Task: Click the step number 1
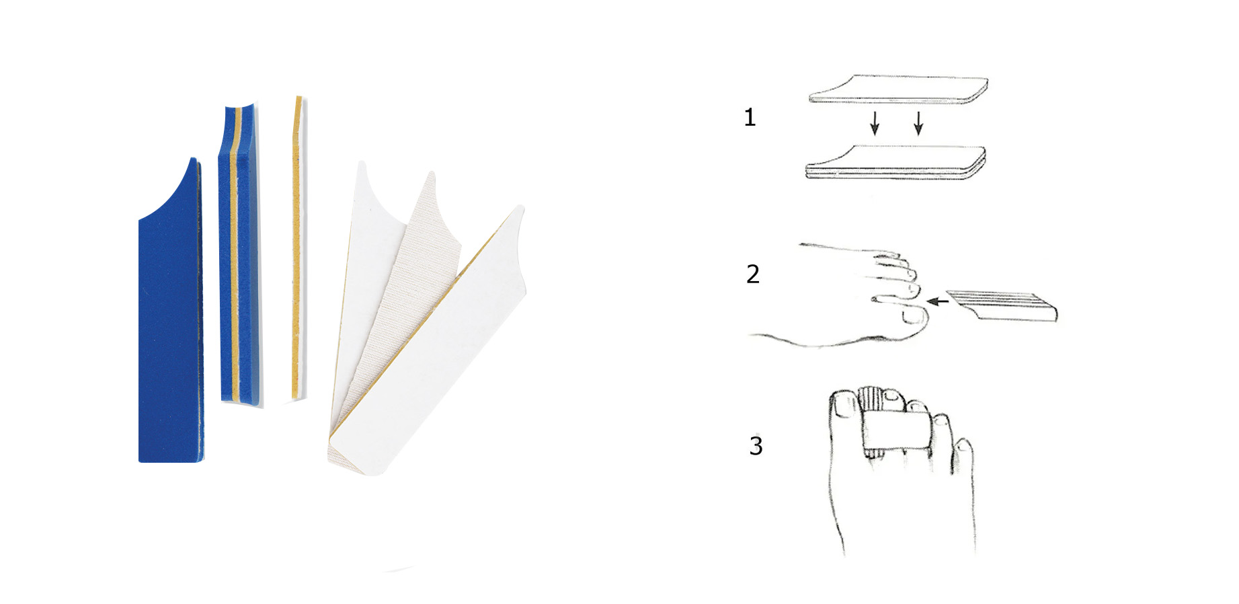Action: [750, 118]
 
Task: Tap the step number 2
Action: [753, 274]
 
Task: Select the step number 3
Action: [756, 445]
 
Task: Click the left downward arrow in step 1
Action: [875, 123]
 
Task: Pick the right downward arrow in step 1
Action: [918, 123]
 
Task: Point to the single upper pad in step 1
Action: [899, 89]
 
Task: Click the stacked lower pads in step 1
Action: [896, 162]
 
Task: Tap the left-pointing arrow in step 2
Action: [937, 301]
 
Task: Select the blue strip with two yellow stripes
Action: [239, 256]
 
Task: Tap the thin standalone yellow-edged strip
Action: [296, 249]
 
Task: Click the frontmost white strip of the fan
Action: [430, 343]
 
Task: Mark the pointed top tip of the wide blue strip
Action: [193, 159]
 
